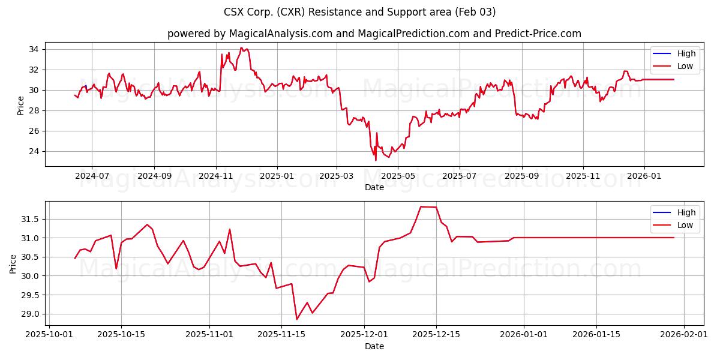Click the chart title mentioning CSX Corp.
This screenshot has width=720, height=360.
pyautogui.click(x=359, y=12)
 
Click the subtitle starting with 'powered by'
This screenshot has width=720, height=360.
pyautogui.click(x=374, y=34)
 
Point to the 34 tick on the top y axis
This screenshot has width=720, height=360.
pyautogui.click(x=34, y=49)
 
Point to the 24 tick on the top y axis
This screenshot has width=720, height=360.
pyautogui.click(x=34, y=151)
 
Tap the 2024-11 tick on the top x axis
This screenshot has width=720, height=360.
pyautogui.click(x=215, y=176)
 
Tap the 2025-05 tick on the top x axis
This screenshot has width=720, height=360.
pyautogui.click(x=398, y=176)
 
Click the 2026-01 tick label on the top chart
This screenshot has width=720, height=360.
pyautogui.click(x=644, y=176)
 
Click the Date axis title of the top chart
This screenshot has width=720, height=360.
pyautogui.click(x=374, y=187)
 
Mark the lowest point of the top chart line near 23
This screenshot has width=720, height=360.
pyautogui.click(x=376, y=160)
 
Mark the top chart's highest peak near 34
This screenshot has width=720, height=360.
pyautogui.click(x=241, y=48)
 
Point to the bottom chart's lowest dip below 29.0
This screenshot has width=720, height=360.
pyautogui.click(x=296, y=319)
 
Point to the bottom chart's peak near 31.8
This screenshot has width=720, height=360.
pyautogui.click(x=421, y=206)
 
